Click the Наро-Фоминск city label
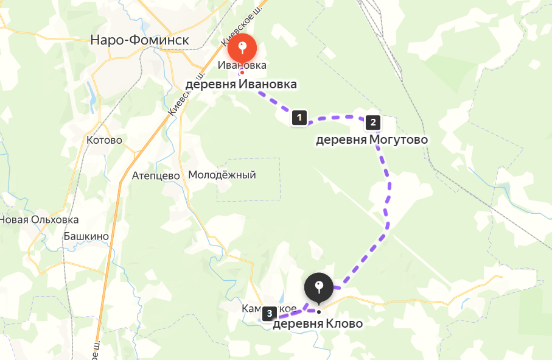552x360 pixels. pos(139,40)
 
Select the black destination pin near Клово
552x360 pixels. pos(318,288)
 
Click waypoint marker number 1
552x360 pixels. pos(299,117)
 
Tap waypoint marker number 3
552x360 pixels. pos(269,314)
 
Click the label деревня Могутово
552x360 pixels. pos(371,140)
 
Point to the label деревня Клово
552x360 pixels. pos(317,324)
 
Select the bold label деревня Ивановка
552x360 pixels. pos(241,84)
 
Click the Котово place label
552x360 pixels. pos(105,140)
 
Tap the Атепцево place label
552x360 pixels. pos(156,175)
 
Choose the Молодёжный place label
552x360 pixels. pos(222,175)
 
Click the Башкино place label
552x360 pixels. pos(86,236)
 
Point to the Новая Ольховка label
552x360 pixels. pos(39,220)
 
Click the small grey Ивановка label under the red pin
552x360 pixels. pos(242,65)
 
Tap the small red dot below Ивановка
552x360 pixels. pos(241,73)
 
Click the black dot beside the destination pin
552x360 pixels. pos(318,311)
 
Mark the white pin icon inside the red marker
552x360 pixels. pos(242,46)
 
